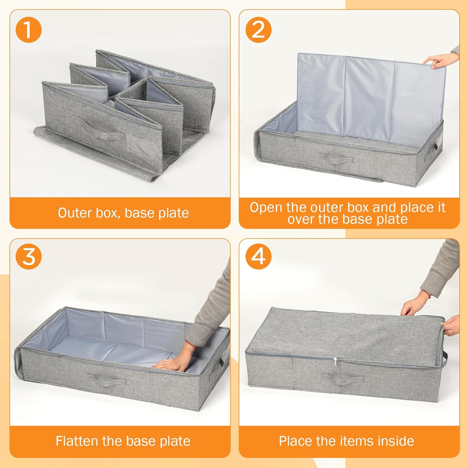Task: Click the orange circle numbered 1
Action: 28,30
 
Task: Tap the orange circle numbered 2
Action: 258,30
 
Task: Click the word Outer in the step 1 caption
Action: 75,213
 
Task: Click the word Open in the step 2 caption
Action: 266,207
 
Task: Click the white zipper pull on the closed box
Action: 336,362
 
